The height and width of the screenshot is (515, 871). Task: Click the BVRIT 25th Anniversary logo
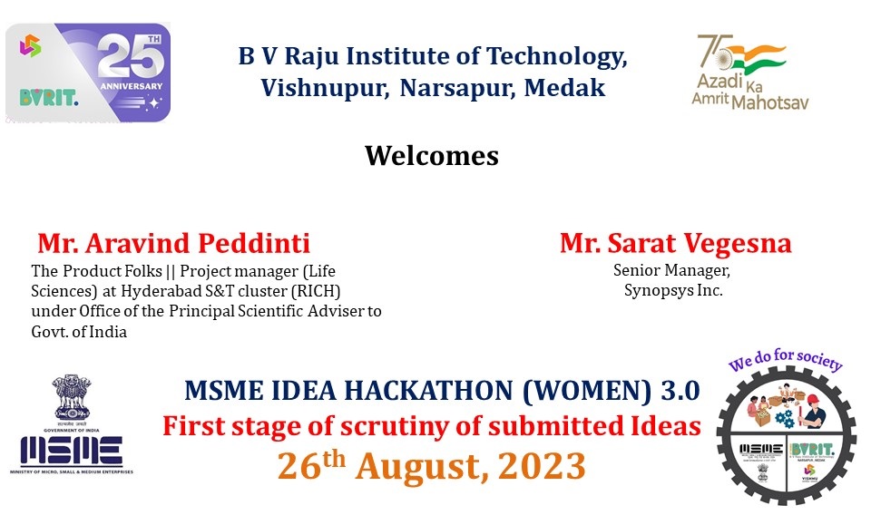[88, 73]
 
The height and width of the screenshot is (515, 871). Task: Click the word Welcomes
[432, 156]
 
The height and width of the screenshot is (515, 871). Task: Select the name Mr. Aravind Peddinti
[173, 244]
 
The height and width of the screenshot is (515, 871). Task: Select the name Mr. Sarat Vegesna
[675, 244]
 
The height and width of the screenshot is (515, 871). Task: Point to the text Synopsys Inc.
[672, 290]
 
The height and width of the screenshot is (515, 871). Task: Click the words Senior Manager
[672, 270]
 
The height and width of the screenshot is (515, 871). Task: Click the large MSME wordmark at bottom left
[72, 450]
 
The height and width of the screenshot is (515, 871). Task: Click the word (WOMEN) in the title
[589, 391]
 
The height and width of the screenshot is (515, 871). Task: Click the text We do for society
[786, 362]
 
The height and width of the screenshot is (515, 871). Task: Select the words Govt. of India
[79, 331]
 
